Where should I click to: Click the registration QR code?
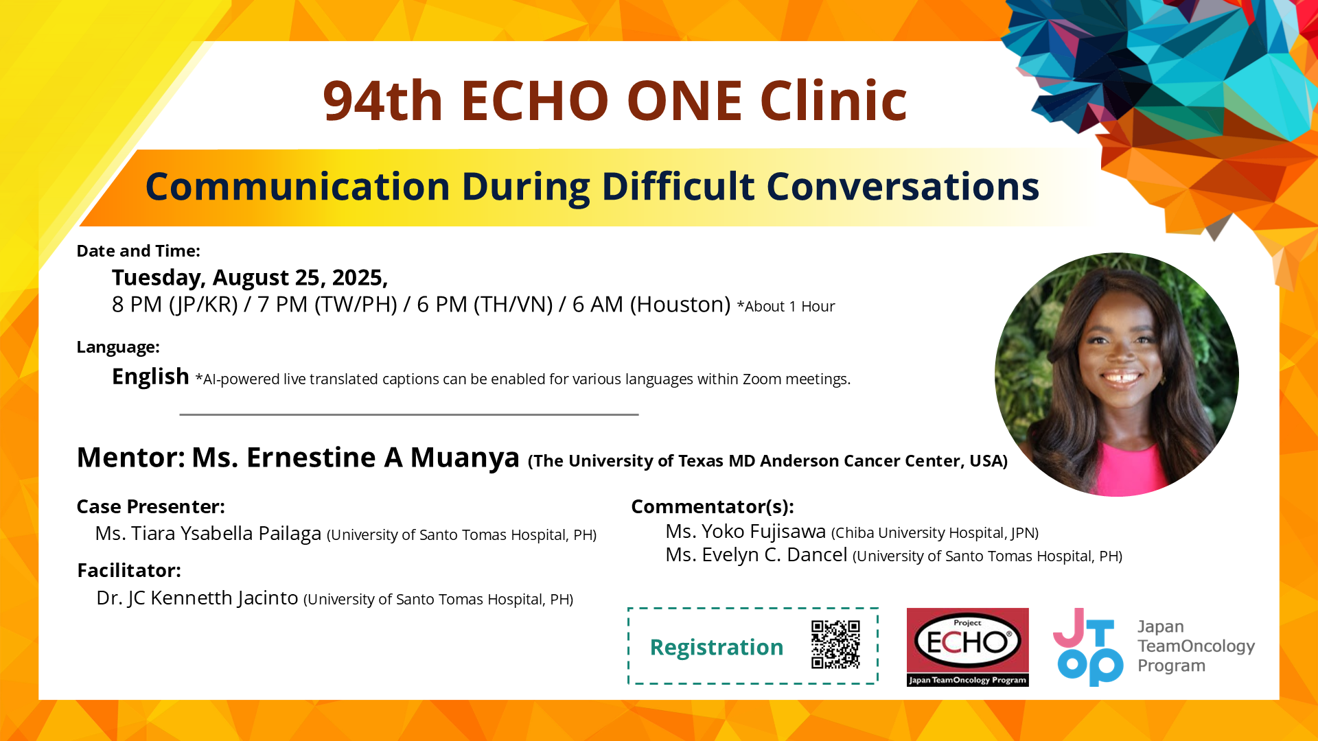coord(835,644)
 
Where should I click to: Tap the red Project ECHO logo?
coord(967,647)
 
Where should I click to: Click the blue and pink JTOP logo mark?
coord(1088,647)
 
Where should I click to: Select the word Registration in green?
coord(717,647)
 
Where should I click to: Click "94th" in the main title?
coord(382,101)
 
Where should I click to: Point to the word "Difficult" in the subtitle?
coord(678,187)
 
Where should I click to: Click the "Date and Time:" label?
coord(138,251)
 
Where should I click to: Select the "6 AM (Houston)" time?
coord(651,304)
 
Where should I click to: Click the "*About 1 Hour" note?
coord(786,307)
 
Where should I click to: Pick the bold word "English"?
coord(150,377)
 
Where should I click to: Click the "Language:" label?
coord(118,347)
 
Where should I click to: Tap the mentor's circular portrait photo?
coord(1117,375)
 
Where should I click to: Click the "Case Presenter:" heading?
coord(150,506)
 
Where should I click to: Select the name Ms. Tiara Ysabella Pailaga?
coord(208,534)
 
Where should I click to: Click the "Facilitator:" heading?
coord(129,570)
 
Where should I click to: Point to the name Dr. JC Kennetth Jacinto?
coord(197,598)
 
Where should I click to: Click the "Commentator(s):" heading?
coord(713,506)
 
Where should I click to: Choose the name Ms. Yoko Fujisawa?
coord(745,532)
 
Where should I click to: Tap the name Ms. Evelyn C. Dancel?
coord(756,555)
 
